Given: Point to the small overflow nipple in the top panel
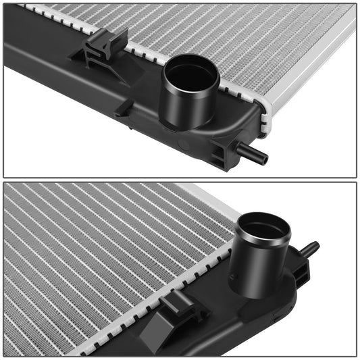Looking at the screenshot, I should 257,154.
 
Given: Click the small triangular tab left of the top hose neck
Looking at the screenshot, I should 124,107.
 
